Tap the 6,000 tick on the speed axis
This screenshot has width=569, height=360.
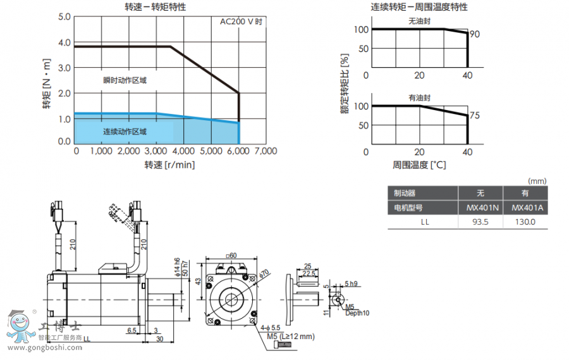tap(238, 152)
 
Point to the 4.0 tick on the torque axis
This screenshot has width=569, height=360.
tap(64, 42)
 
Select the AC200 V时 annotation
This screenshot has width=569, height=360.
tap(241, 21)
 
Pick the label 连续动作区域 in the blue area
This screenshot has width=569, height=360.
tap(125, 132)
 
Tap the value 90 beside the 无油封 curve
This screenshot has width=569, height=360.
tap(475, 34)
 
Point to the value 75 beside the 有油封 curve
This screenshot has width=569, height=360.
tap(475, 116)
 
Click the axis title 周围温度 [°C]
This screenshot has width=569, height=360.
tap(419, 165)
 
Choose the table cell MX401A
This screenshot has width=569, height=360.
tap(524, 208)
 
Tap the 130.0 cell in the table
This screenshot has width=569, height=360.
tap(524, 222)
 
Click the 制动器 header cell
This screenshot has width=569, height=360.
tap(405, 194)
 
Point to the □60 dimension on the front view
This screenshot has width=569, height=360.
tap(231, 256)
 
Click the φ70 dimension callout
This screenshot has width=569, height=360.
tap(263, 273)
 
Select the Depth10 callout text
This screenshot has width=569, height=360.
tap(357, 313)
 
